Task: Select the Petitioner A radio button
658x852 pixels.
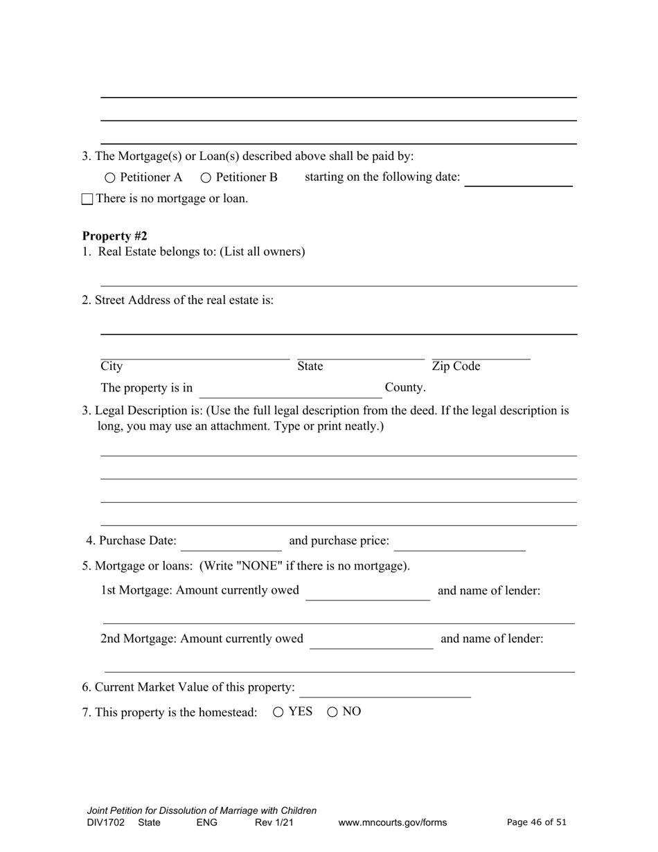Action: (110, 178)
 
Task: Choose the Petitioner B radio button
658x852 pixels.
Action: (206, 178)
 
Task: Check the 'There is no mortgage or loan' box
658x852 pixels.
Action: (87, 199)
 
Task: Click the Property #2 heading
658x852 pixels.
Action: (114, 236)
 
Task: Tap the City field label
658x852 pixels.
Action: (112, 366)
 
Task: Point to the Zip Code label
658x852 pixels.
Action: (456, 366)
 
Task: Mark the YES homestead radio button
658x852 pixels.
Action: (278, 712)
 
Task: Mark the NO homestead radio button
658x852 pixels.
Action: (332, 712)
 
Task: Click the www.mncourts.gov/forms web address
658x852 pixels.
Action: (392, 823)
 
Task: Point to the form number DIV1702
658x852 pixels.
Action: (106, 823)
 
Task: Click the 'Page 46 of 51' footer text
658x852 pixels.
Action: (536, 822)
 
